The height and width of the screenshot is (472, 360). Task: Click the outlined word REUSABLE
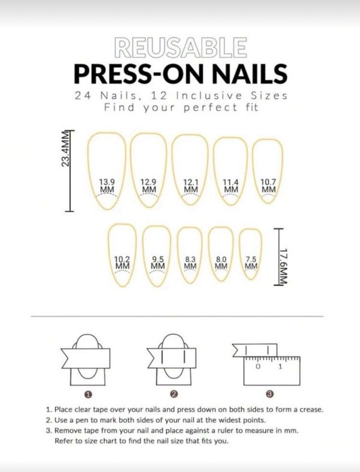[x=181, y=47]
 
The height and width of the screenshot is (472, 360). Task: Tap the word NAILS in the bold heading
[x=250, y=74]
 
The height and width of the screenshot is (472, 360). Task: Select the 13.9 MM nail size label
[x=107, y=186]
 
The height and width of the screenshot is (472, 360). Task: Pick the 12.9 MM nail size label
[x=149, y=186]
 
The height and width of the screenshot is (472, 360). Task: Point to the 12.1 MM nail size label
[x=191, y=186]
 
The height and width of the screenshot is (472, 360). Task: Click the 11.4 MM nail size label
[x=231, y=186]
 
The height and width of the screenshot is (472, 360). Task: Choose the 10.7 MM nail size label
[x=268, y=186]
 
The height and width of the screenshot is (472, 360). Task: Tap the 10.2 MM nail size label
[x=122, y=263]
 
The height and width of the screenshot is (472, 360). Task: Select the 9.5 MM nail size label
[x=158, y=263]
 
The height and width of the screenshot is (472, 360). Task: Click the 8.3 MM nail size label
[x=190, y=263]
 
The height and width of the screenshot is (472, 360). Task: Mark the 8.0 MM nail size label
[x=221, y=263]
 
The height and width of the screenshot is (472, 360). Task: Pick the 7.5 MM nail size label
[x=251, y=263]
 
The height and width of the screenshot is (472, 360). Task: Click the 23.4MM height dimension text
[x=66, y=149]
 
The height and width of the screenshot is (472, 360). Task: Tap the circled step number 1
[x=88, y=394]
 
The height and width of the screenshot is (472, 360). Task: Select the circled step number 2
[x=174, y=394]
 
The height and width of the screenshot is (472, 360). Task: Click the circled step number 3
[x=270, y=394]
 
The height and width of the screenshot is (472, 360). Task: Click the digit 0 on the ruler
[x=258, y=366]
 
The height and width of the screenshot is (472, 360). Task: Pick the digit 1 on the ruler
[x=280, y=366]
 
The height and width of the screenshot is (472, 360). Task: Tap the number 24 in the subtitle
[x=82, y=96]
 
